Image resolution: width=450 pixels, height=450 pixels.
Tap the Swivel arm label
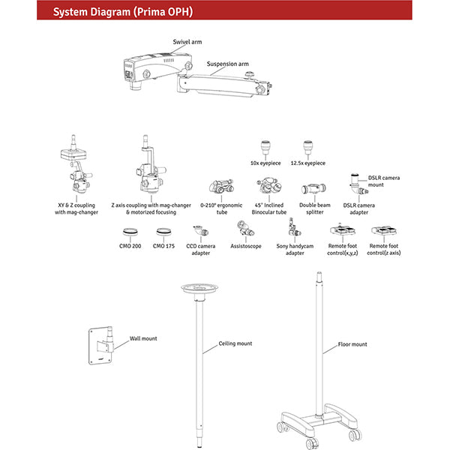187,42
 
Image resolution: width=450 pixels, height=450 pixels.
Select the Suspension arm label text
227,64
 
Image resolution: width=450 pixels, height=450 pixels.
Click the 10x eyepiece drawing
265,147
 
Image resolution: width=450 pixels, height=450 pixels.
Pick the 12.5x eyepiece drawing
307,147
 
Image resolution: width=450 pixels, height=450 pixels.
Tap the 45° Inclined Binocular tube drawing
268,188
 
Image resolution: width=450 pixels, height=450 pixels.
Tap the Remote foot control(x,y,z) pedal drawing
342,231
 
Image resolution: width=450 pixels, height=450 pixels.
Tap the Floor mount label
352,344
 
